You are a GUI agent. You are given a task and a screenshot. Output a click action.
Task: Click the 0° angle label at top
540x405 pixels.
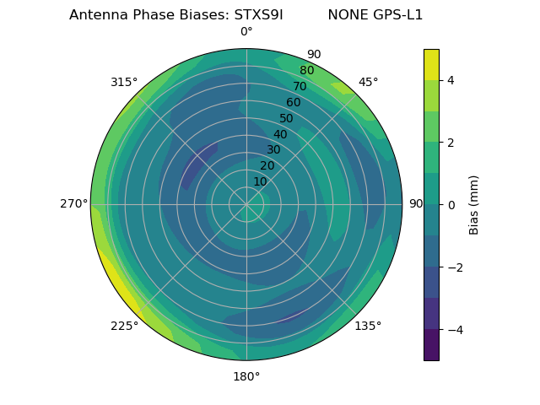click(x=246, y=32)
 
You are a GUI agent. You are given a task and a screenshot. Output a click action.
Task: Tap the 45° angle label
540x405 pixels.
click(x=368, y=82)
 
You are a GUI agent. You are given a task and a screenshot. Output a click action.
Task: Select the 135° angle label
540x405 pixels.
click(x=368, y=326)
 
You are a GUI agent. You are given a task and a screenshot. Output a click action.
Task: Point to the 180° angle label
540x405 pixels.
click(x=246, y=376)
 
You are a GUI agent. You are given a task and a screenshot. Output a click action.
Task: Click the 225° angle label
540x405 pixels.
click(x=124, y=326)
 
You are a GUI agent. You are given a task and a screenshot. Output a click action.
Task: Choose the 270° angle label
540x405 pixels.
click(x=74, y=204)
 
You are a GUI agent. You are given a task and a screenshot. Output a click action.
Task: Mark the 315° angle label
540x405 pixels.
click(x=124, y=82)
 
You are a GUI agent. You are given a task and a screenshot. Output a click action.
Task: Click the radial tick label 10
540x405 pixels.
click(x=260, y=182)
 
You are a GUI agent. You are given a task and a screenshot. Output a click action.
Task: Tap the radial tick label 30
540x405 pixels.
click(x=273, y=150)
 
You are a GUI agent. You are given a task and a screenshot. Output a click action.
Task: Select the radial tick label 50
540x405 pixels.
click(x=286, y=119)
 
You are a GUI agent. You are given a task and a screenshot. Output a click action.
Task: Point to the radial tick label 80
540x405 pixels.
click(x=306, y=71)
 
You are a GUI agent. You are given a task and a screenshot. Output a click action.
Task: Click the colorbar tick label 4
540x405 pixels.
click(x=451, y=80)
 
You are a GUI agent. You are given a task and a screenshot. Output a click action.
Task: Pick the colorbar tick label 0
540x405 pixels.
click(x=451, y=205)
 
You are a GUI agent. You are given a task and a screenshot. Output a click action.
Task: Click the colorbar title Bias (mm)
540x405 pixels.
click(x=474, y=205)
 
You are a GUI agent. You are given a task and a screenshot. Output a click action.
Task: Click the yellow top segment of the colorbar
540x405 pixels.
click(x=431, y=65)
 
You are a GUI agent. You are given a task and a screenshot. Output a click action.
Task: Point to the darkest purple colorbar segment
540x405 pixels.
click(x=431, y=345)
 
